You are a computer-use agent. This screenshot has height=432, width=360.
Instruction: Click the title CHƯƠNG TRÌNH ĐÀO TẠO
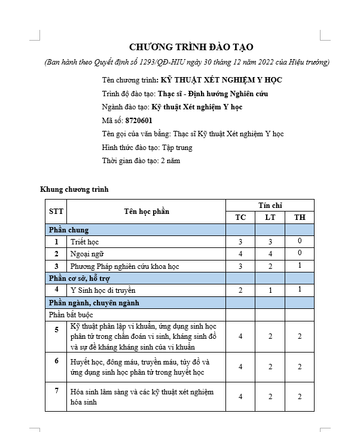tap(191, 47)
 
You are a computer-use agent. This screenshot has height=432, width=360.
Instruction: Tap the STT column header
tap(56, 211)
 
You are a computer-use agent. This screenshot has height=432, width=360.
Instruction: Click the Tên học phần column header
tap(147, 211)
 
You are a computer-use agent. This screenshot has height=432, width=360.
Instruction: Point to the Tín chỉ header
tap(270, 205)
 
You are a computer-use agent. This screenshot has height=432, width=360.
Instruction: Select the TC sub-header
tap(240, 217)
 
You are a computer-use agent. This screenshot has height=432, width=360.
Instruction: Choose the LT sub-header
tap(270, 217)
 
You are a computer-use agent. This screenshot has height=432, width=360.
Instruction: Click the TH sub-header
tap(299, 217)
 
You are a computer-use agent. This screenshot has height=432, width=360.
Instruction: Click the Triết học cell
tap(84, 242)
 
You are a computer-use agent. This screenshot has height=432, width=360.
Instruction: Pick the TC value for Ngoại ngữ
tap(240, 254)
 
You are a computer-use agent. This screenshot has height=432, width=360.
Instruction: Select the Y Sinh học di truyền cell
tap(103, 290)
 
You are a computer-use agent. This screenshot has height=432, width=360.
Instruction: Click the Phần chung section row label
tap(69, 229)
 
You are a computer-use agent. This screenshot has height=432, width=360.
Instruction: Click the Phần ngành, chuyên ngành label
tap(94, 302)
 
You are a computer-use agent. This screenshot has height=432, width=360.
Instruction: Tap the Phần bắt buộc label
tap(71, 314)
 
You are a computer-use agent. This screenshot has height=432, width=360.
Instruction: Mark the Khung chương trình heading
tap(74, 189)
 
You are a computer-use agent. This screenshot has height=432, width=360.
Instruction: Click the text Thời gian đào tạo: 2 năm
tap(141, 161)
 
